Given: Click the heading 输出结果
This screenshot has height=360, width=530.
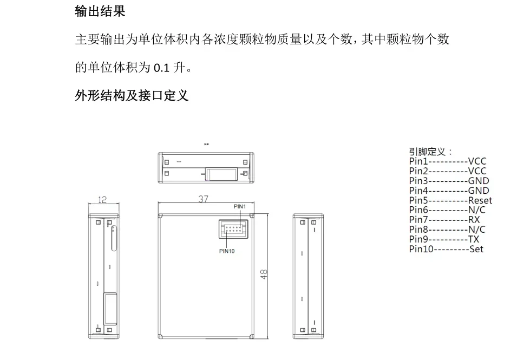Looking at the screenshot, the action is [x=100, y=11].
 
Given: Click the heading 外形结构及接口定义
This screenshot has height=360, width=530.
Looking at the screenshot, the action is [x=132, y=96].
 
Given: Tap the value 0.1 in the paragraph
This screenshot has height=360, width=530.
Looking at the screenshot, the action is [x=161, y=68].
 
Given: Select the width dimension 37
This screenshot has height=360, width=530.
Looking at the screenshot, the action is [x=203, y=199].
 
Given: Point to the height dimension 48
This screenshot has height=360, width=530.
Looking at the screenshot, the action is [x=264, y=274].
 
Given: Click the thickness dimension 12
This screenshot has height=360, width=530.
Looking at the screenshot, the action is [x=102, y=200].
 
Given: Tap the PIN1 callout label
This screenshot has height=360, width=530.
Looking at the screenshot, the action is [x=240, y=207].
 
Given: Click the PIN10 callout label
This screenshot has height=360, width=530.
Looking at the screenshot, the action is [x=227, y=251].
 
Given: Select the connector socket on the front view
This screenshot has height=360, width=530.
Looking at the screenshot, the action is [x=233, y=229].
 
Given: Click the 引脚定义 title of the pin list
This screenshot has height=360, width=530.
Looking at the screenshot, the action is [x=427, y=152].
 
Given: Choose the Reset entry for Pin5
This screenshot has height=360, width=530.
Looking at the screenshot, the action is [x=480, y=200].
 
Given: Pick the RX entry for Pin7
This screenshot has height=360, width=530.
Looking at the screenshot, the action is [x=474, y=220].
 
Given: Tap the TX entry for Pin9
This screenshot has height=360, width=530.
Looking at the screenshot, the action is [x=474, y=239].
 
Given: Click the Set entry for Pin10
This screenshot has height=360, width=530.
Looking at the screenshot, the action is [x=476, y=249].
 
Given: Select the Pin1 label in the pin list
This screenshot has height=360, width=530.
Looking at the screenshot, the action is [x=418, y=161].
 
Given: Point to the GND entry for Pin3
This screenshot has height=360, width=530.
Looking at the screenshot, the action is [x=479, y=181].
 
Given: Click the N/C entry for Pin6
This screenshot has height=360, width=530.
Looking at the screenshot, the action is [x=476, y=210].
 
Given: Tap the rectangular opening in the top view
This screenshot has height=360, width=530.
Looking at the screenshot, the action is [x=221, y=174].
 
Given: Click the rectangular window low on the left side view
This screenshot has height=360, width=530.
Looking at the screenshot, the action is [x=110, y=309].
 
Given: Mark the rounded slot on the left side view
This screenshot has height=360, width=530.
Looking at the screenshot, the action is [x=114, y=238].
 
